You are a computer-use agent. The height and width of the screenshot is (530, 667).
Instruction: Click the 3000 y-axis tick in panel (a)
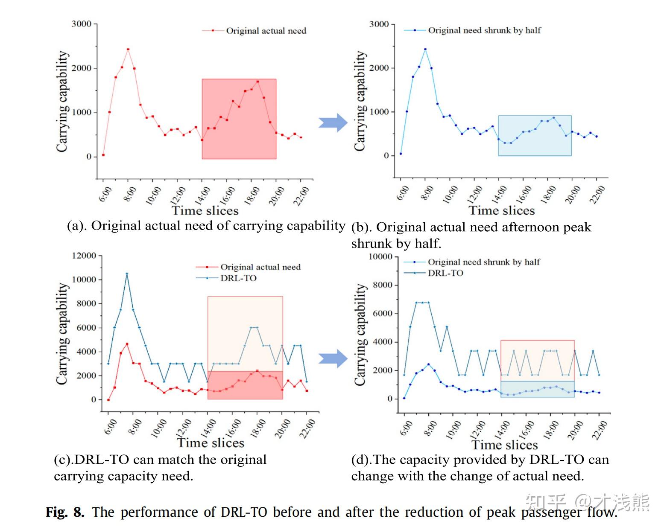coord(81,24)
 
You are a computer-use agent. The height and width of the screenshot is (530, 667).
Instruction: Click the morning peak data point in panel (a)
coord(128,50)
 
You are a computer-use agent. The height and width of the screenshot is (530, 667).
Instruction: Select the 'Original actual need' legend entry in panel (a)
coord(266,31)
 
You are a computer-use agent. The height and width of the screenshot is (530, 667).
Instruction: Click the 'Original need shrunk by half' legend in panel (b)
coord(484,30)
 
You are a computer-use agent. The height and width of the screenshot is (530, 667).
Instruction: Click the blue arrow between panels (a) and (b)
coord(333,123)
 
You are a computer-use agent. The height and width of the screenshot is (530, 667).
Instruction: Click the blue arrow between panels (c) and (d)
coord(333,358)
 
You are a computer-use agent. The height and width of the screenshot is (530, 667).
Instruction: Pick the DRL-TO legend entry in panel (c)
coord(238,278)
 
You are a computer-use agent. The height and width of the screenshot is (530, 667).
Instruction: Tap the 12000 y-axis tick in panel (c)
coord(84,256)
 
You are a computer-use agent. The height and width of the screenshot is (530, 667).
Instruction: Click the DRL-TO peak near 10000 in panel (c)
coord(127,274)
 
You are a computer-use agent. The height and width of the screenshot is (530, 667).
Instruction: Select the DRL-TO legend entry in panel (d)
coord(445,273)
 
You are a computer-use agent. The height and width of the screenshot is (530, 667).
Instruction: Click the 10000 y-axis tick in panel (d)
coord(380,256)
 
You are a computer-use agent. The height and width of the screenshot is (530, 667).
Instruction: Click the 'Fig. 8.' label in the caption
coord(65,512)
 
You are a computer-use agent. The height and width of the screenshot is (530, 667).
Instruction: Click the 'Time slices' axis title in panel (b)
coord(502,210)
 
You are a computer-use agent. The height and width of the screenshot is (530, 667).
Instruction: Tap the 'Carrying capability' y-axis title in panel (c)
coord(63,334)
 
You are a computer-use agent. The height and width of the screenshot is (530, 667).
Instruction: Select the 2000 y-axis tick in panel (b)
coord(379,68)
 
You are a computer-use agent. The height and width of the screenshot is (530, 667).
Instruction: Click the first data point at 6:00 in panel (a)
coord(103,155)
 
